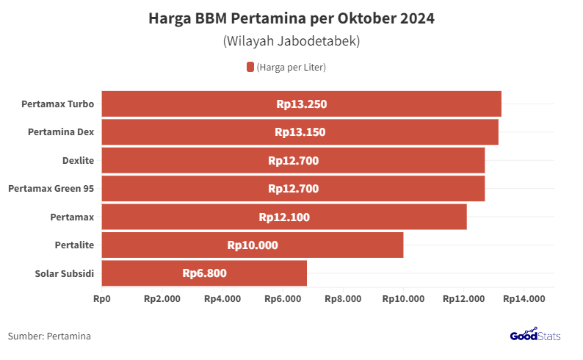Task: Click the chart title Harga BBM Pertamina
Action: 291,18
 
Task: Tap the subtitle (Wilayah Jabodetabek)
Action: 291,41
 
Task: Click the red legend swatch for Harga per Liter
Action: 250,68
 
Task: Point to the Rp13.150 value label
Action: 300,132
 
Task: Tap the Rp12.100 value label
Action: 284,217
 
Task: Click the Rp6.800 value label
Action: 204,273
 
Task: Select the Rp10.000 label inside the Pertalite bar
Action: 253,245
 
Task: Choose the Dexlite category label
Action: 78,160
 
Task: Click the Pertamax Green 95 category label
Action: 51,189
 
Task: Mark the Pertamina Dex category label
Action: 61,132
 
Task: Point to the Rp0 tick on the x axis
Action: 101,299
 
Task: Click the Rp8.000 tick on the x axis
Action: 343,299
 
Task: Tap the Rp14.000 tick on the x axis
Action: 524,299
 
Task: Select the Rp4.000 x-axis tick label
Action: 222,299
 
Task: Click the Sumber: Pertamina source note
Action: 49,336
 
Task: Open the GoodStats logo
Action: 535,335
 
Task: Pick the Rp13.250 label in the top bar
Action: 301,104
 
